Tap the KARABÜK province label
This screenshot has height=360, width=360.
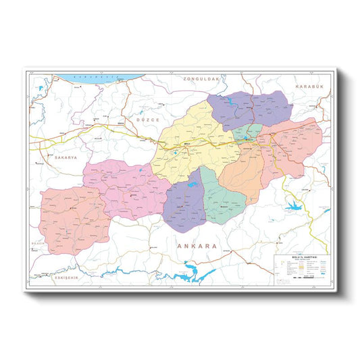(x=309, y=87)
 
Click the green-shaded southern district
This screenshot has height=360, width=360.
(x=223, y=199)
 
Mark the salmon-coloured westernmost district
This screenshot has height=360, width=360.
(x=73, y=217)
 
